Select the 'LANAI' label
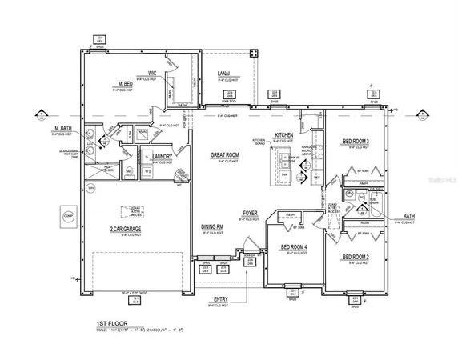point(223,75)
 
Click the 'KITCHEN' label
point(284,135)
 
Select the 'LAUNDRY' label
point(164,157)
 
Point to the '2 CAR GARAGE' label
point(127,230)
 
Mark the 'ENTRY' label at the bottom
point(221,298)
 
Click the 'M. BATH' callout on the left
point(63,128)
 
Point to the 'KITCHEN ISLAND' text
point(259,142)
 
